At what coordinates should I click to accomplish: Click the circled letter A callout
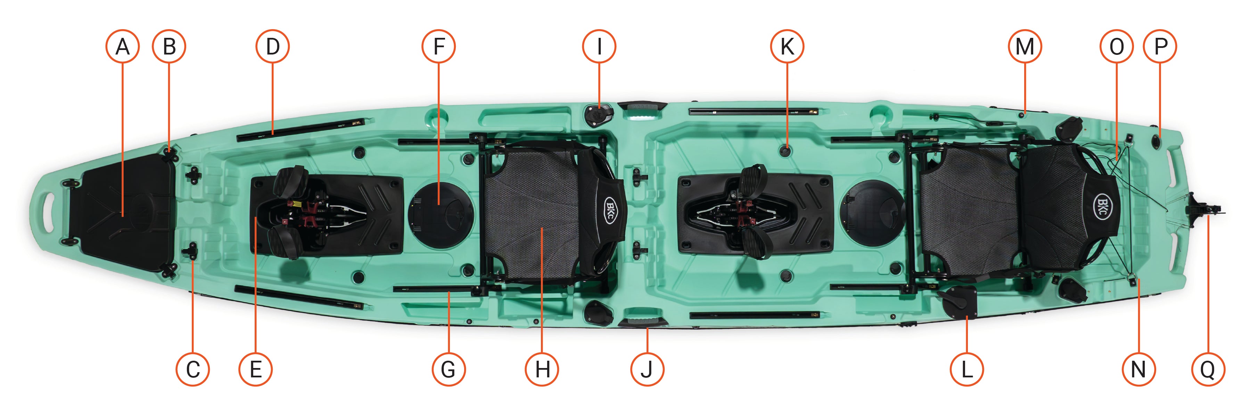click(122, 47)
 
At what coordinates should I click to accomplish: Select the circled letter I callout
click(599, 47)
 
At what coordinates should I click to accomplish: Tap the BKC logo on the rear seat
click(1102, 206)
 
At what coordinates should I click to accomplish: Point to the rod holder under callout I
click(598, 115)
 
